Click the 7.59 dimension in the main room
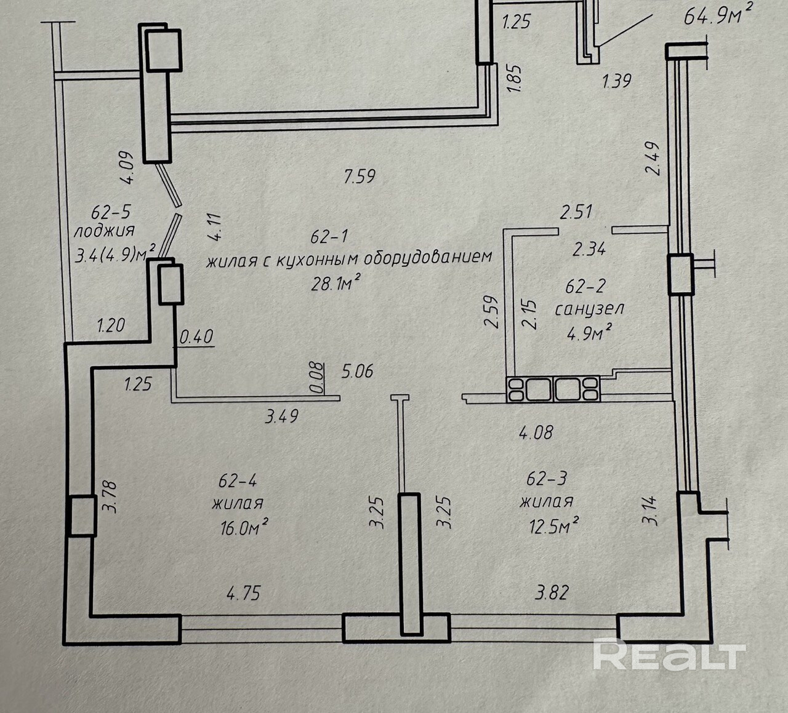click(360, 177)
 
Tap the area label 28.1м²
click(335, 284)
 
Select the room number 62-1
click(329, 236)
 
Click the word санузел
click(589, 308)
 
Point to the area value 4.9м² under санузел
click(589, 333)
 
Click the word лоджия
click(104, 231)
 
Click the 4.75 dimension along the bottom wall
click(244, 593)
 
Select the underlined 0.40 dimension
click(196, 337)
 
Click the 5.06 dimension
click(358, 372)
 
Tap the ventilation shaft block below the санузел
click(553, 389)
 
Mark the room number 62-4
click(238, 479)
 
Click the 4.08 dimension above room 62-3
click(536, 432)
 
